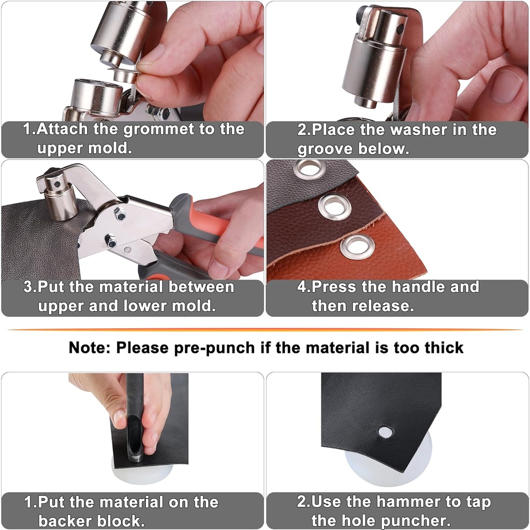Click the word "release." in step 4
coord(384,305)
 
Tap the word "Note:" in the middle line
coord(89,347)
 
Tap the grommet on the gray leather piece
coord(309,168)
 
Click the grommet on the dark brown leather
coord(334,207)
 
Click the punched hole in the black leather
coord(385,432)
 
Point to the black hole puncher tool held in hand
coord(135,414)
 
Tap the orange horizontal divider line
coord(265,329)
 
